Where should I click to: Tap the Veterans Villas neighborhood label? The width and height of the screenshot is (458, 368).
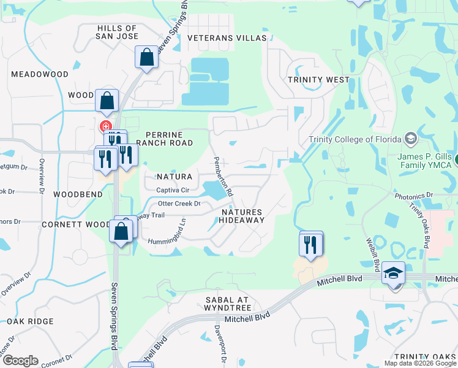coord(227,38)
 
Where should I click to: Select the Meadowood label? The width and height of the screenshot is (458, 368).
coord(40,74)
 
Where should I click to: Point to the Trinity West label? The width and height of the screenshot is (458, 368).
coord(318,80)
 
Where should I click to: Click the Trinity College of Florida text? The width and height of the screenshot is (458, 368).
coord(355,139)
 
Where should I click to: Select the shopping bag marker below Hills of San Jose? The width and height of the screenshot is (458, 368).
coord(147,58)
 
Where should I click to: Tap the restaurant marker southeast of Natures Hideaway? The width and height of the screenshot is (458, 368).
coord(311,244)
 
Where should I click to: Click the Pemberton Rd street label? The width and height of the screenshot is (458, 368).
coord(222,175)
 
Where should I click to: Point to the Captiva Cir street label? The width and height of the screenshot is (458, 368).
coord(173,191)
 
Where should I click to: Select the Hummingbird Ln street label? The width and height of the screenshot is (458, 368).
coord(167,230)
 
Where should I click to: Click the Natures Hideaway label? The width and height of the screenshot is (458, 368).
coord(242,216)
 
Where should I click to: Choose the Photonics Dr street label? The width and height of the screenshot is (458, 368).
coord(413,196)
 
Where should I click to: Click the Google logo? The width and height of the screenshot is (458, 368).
coord(20,361)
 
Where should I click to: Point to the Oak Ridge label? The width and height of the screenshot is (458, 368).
coord(30,321)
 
